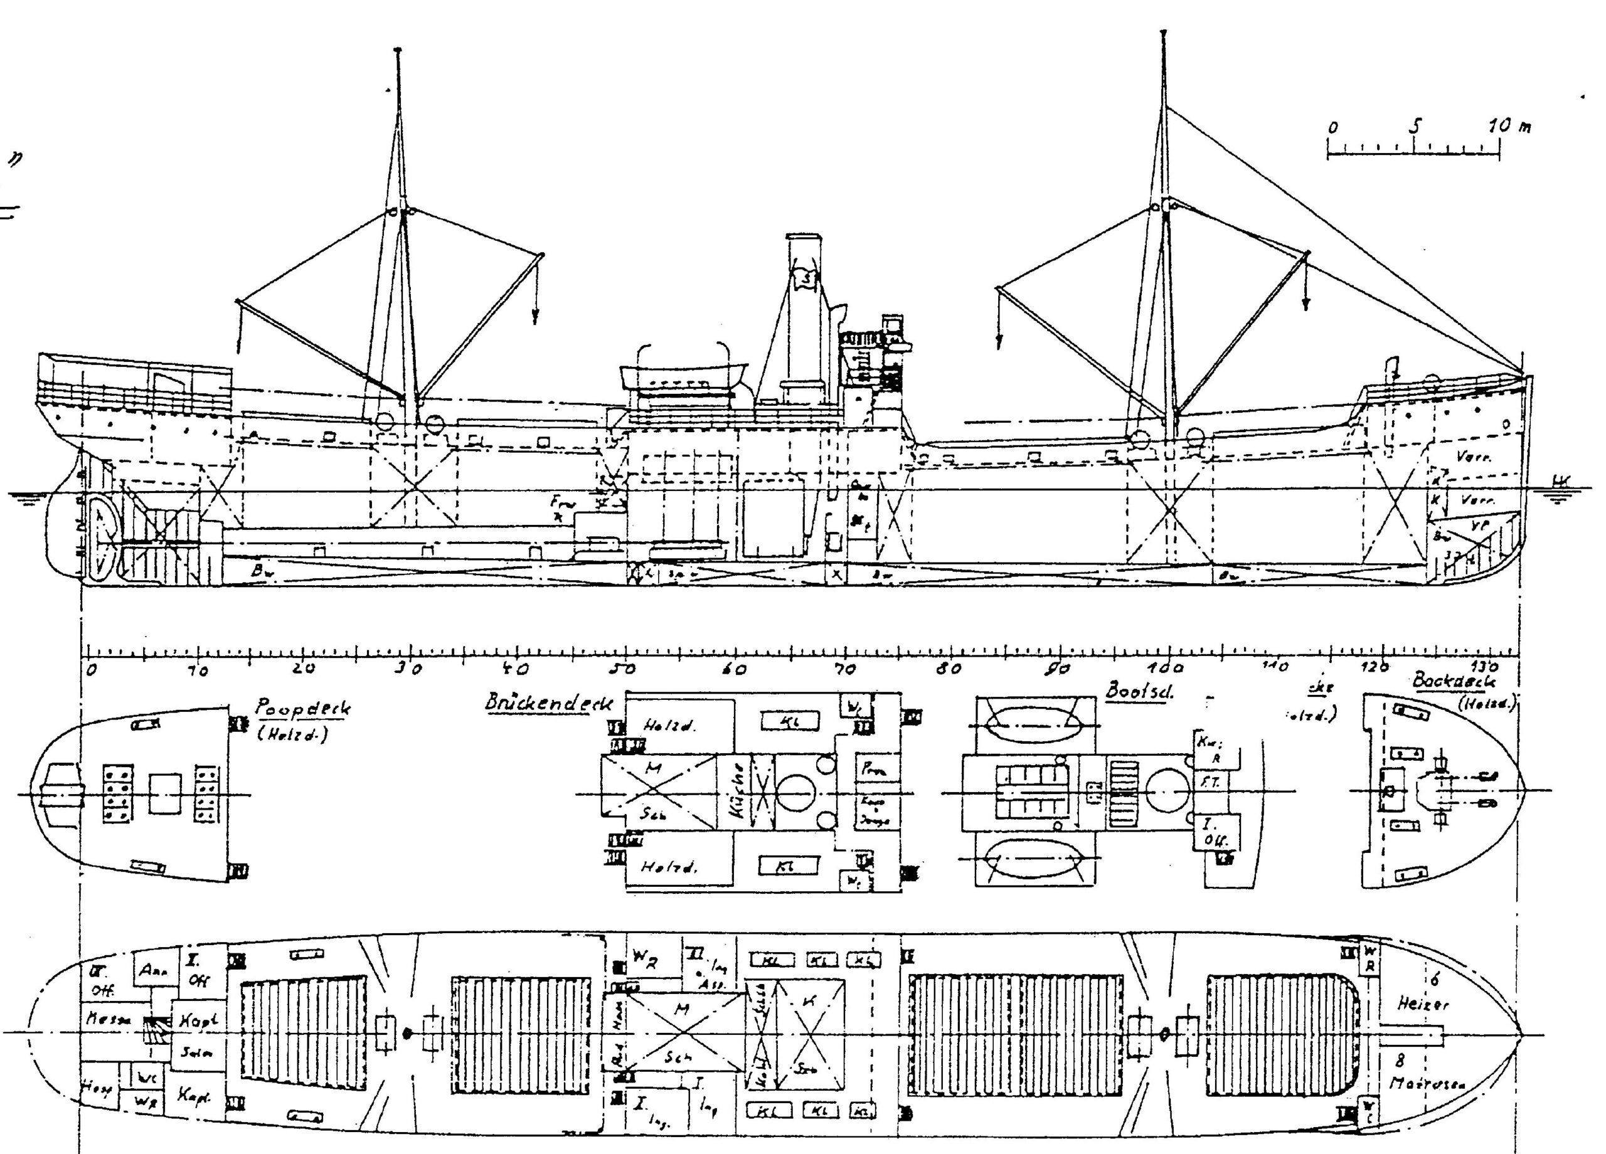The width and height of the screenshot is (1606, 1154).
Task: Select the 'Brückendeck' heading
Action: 549,702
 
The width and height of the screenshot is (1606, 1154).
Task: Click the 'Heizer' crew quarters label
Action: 1423,1004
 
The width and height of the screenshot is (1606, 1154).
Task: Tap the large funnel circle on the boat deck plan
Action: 1166,790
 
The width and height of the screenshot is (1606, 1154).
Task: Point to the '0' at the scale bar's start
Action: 1332,128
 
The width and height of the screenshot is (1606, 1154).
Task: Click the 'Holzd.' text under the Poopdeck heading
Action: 293,736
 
